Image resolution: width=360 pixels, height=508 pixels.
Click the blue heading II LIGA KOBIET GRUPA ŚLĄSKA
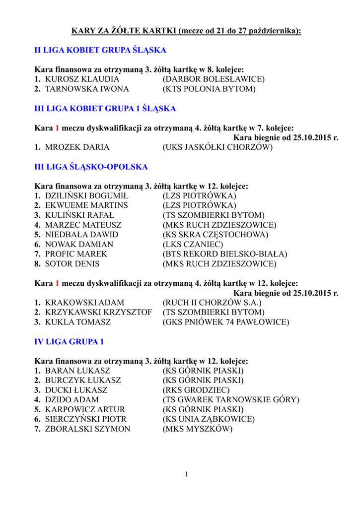pos(100,50)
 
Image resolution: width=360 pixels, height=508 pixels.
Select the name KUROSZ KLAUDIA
pos(82,79)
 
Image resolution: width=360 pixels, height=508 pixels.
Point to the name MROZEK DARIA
pos(77,147)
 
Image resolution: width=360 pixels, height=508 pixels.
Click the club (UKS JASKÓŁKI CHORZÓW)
pos(217,147)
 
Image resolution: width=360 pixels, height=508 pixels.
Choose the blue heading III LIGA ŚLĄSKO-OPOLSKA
pos(91,167)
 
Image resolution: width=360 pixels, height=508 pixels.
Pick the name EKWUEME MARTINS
pos(86,205)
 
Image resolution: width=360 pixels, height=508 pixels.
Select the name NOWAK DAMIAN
pos(79,244)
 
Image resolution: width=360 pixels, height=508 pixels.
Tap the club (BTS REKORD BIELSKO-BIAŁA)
pos(225,254)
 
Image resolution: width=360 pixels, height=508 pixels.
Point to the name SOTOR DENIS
pos(72,264)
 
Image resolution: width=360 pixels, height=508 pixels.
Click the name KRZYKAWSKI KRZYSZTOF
pos(98,312)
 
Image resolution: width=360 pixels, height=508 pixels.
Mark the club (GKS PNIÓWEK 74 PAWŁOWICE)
pos(225,322)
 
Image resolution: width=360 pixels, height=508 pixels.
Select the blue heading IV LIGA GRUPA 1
pos(69,342)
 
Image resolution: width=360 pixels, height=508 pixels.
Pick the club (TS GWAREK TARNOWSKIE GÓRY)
pos(231,399)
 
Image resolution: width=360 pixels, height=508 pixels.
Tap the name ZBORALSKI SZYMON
pos(87,429)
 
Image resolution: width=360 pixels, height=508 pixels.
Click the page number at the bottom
pos(186,474)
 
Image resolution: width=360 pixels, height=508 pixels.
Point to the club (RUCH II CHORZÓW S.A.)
pos(212,302)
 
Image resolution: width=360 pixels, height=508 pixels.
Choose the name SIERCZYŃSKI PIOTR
pos(85,419)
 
